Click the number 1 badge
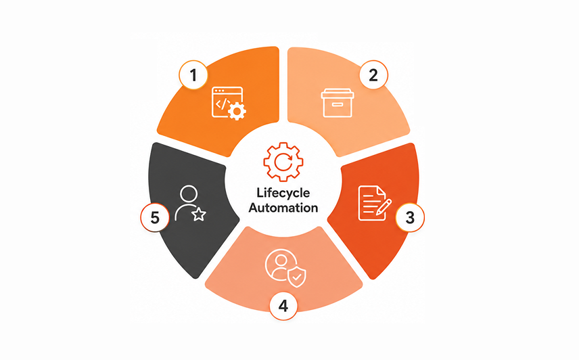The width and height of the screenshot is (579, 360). click(x=193, y=75)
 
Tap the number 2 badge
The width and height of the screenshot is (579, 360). click(x=373, y=75)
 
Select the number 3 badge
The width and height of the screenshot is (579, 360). click(x=410, y=217)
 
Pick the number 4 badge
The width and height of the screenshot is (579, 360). click(x=283, y=305)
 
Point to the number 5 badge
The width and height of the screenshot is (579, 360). click(x=155, y=217)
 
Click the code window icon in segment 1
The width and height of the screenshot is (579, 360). click(x=229, y=104)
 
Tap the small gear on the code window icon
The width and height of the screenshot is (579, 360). click(x=237, y=111)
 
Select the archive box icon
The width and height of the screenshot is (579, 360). click(x=338, y=103)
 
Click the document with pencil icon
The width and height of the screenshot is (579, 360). click(x=375, y=204)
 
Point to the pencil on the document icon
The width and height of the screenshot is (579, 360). click(x=384, y=207)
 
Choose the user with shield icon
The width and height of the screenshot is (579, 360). click(x=285, y=268)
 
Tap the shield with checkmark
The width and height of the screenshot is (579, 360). click(x=297, y=277)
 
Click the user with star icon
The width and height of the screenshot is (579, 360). click(x=190, y=204)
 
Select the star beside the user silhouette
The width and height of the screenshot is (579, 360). click(x=199, y=214)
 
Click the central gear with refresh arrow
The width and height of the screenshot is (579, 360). click(x=283, y=162)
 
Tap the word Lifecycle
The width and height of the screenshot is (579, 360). click(x=283, y=193)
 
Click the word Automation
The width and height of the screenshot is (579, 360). click(x=283, y=208)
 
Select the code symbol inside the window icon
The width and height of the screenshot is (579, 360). click(x=223, y=104)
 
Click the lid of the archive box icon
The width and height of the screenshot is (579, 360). click(x=338, y=93)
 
